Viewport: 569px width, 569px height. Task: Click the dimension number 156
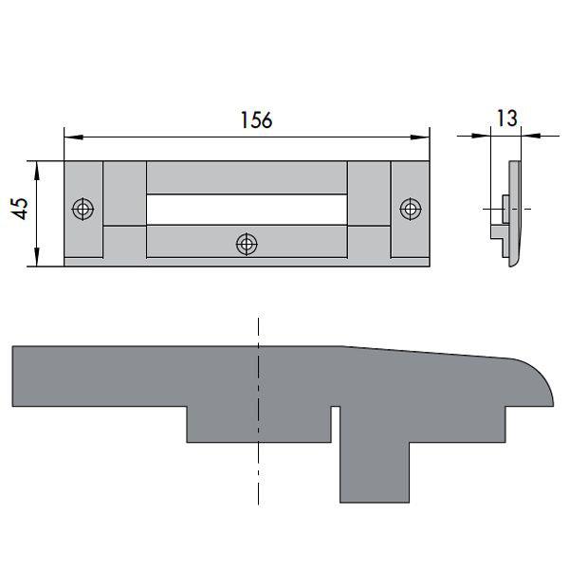(x=256, y=120)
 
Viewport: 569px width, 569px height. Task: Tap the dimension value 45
(x=17, y=209)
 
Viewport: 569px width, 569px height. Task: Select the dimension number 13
(x=505, y=118)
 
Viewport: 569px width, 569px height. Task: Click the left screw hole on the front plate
(x=83, y=208)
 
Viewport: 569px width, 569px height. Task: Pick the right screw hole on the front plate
(x=410, y=208)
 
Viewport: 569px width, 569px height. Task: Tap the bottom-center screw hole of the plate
(x=247, y=244)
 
